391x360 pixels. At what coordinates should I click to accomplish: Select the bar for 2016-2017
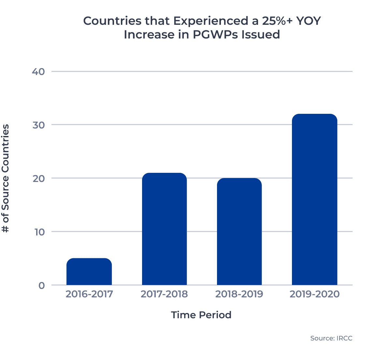(x=89, y=272)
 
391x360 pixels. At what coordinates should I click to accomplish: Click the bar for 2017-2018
(x=164, y=229)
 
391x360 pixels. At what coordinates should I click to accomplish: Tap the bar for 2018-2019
(x=239, y=232)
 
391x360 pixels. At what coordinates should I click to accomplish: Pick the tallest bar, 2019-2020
(x=314, y=200)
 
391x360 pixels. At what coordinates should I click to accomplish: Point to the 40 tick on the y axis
(x=38, y=71)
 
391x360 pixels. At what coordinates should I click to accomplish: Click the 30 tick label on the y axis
(x=38, y=125)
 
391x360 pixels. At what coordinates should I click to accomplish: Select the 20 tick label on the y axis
(x=38, y=178)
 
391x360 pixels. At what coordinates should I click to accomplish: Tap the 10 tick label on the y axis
(x=38, y=232)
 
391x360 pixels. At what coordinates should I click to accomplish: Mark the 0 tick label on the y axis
(x=41, y=285)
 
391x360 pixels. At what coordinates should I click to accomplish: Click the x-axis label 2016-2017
(x=89, y=294)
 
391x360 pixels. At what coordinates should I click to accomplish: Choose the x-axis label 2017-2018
(x=164, y=294)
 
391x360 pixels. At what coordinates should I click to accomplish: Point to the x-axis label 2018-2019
(x=239, y=294)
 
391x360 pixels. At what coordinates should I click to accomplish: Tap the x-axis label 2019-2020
(x=314, y=294)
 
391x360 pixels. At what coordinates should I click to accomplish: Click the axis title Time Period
(x=201, y=315)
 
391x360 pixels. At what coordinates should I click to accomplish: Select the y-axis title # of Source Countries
(x=6, y=178)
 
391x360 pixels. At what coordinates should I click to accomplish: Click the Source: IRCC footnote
(x=331, y=338)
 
